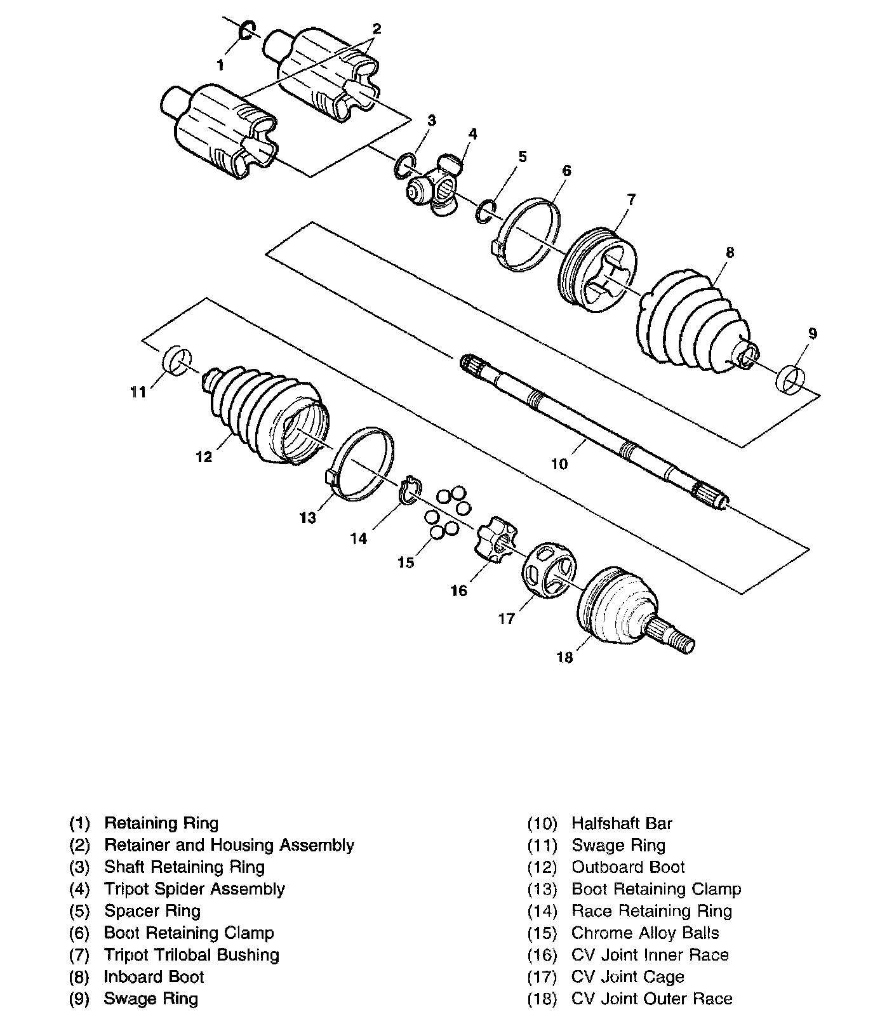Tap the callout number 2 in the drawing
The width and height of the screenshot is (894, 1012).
tap(377, 29)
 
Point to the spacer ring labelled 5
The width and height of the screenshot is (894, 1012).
tap(486, 211)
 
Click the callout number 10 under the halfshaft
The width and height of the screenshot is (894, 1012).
tap(559, 464)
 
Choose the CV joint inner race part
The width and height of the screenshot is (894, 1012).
tap(496, 542)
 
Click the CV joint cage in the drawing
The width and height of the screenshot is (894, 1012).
tap(548, 569)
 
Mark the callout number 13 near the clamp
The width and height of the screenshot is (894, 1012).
tap(308, 518)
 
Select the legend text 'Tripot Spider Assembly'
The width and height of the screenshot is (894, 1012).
tap(194, 889)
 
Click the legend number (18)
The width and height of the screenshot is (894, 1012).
tap(542, 999)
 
